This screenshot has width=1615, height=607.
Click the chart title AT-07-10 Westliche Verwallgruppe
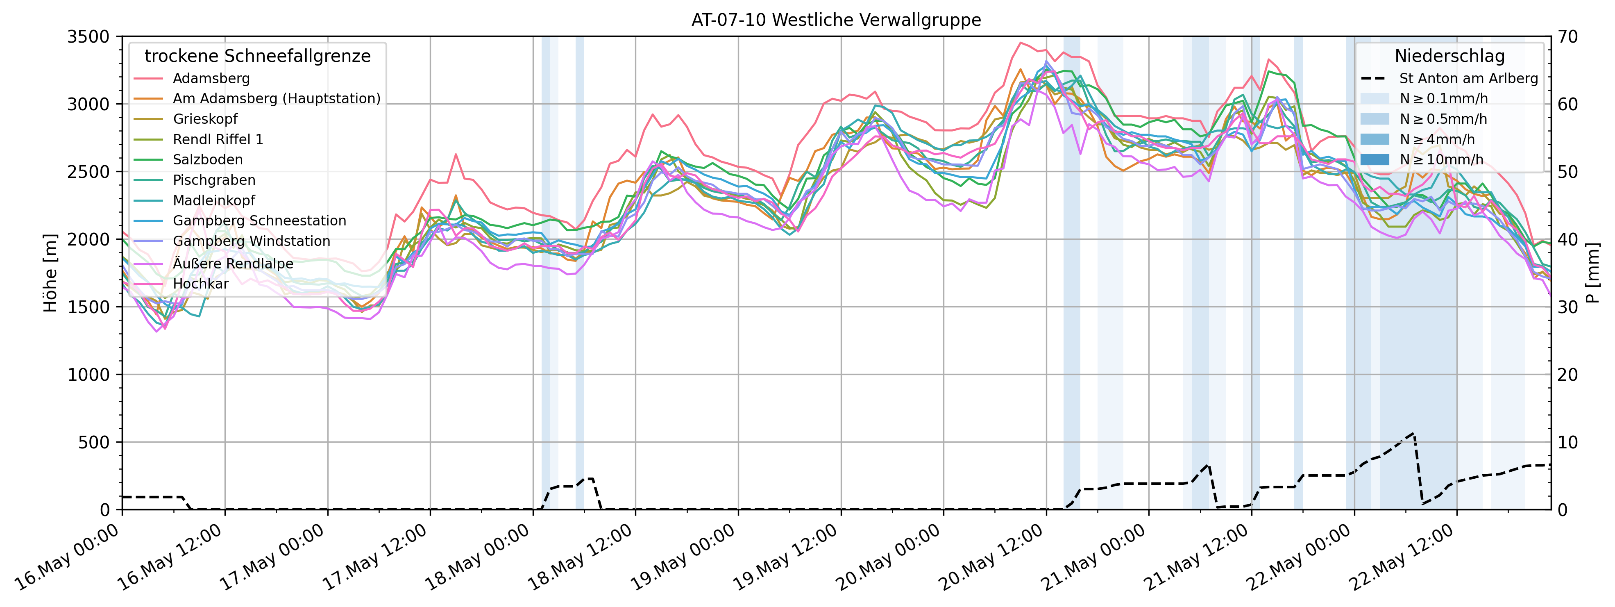tap(836, 20)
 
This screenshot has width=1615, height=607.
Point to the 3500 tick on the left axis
tap(88, 36)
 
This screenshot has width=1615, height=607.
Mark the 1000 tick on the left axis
tap(88, 374)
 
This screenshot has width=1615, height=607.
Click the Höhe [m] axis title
tap(50, 273)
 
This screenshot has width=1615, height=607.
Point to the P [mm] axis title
tap(1593, 273)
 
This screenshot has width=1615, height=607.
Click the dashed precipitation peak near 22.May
tap(1413, 433)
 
